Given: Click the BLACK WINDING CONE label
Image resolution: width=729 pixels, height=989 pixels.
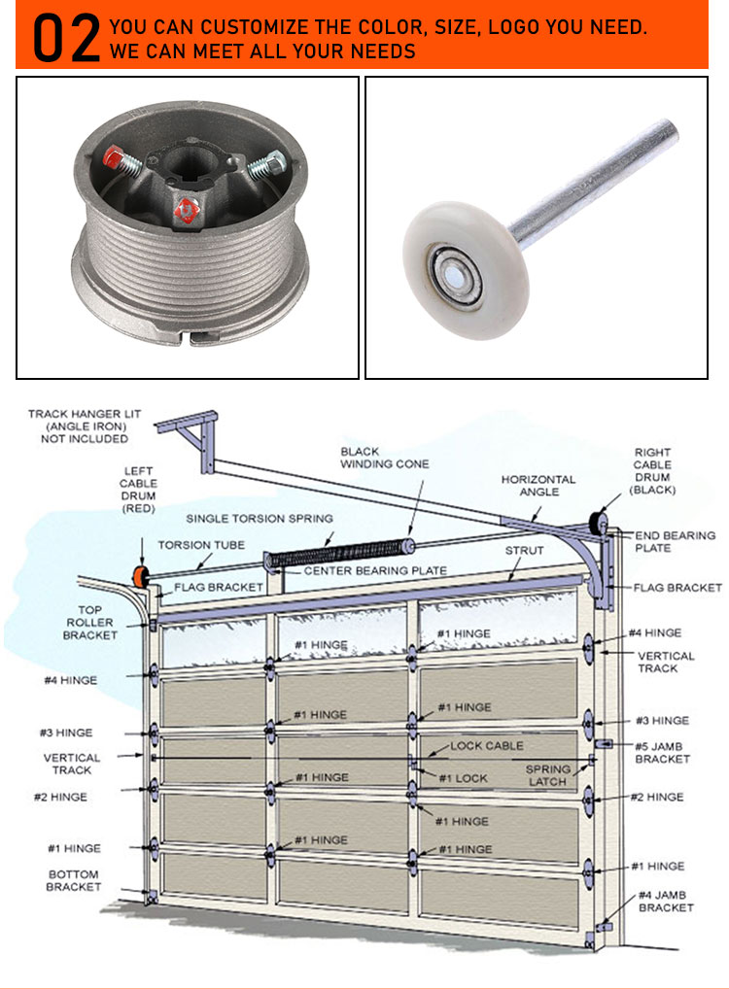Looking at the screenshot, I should pyautogui.click(x=384, y=458).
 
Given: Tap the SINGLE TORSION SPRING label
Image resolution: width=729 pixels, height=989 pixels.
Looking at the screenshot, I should pyautogui.click(x=260, y=519).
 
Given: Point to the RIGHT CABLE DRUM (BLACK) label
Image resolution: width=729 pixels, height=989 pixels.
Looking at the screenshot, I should pyautogui.click(x=653, y=471).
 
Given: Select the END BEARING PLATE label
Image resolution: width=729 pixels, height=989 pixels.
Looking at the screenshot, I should pyautogui.click(x=675, y=541).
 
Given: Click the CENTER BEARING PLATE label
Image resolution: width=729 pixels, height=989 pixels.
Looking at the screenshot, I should pyautogui.click(x=375, y=570).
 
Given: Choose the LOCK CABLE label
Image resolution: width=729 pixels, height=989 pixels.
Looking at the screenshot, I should pyautogui.click(x=486, y=746).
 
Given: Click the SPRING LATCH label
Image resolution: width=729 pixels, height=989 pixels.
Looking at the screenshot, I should pyautogui.click(x=548, y=774).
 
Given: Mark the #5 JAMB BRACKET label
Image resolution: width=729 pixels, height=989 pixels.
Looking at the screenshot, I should pyautogui.click(x=662, y=753).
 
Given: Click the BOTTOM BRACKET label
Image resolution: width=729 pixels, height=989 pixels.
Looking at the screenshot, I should pyautogui.click(x=74, y=880).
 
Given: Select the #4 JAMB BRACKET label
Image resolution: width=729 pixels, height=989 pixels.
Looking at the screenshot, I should pyautogui.click(x=666, y=901).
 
